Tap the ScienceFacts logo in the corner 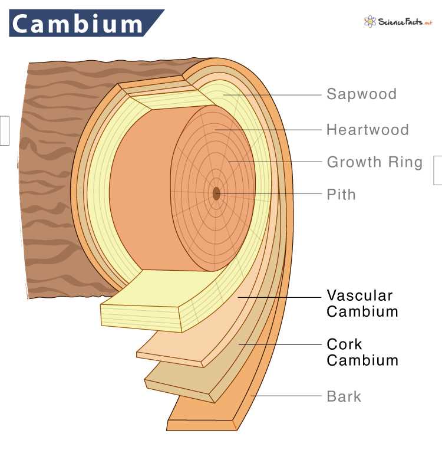coord(398,22)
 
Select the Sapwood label coord(361,94)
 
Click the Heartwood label coord(367,130)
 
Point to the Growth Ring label coord(374,162)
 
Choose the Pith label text coord(341,194)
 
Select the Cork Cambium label coord(362,352)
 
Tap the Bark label coord(344,396)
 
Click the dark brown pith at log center coord(216,193)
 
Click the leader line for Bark coord(289,396)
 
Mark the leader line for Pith coord(271,193)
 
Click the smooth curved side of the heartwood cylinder coord(141,189)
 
